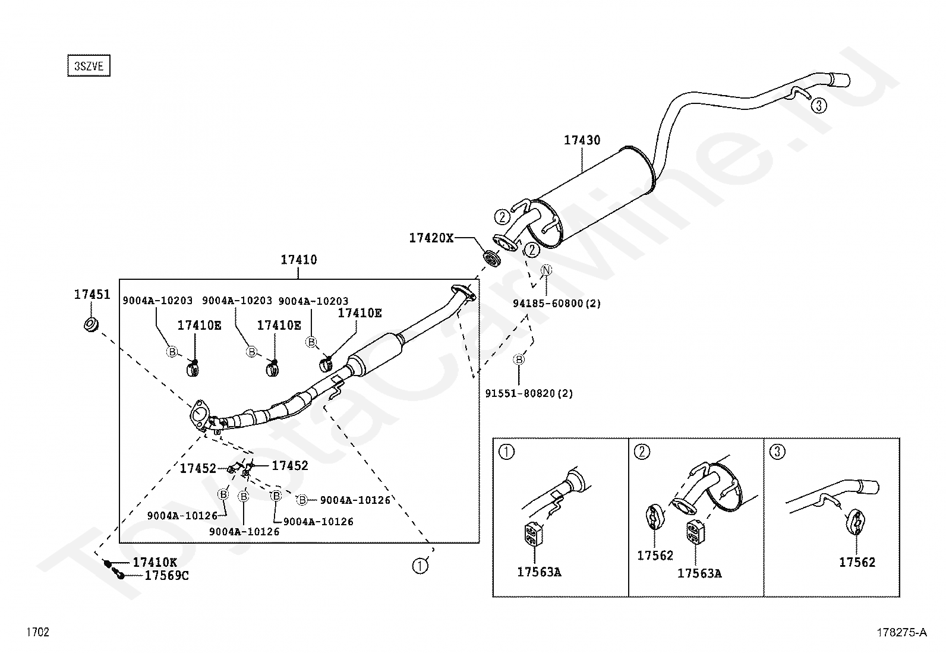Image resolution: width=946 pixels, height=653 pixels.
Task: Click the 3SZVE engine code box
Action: tap(89, 66)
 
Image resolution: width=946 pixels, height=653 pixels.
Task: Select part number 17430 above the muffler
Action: tap(582, 141)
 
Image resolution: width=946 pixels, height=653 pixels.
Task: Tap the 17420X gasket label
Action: tap(431, 238)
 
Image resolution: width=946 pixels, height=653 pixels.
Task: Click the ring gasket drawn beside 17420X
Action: tap(492, 258)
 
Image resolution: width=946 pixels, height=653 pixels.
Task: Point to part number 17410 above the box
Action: tap(298, 260)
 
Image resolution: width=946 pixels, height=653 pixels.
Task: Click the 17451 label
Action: tap(92, 295)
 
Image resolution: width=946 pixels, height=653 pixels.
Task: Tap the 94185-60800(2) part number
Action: tap(557, 304)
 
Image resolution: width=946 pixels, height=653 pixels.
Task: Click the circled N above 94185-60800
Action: tap(546, 271)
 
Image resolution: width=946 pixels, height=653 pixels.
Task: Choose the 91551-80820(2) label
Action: tap(529, 393)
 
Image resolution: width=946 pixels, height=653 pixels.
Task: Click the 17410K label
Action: tap(154, 563)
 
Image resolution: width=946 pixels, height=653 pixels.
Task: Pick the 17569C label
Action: tap(166, 575)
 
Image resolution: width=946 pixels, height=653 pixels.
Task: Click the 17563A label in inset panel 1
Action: tap(539, 572)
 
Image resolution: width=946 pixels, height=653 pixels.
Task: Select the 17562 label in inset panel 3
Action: tap(857, 562)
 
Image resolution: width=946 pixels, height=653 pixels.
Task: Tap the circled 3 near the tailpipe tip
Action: tap(818, 106)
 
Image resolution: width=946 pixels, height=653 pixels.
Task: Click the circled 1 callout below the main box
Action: tap(420, 566)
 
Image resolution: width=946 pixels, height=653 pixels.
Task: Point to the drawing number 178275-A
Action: tap(901, 633)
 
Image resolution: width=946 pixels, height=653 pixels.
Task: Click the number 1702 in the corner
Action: tap(37, 632)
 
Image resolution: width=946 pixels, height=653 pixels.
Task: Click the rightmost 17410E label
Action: tap(360, 313)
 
